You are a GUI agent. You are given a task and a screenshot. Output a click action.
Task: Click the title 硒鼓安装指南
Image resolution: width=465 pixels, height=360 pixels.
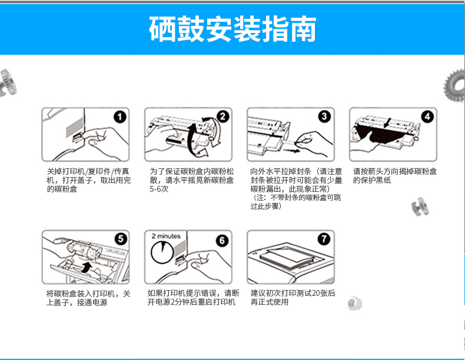pos(232,29)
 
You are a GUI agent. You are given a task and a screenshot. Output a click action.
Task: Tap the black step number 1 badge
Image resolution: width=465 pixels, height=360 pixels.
pos(120,116)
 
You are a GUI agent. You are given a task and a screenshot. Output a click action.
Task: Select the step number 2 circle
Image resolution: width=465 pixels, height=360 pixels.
pos(222,116)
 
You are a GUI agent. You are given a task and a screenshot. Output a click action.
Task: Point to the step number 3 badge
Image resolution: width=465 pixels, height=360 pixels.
pos(324,116)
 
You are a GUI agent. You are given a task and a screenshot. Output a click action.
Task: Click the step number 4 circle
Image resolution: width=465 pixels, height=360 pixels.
pos(427,116)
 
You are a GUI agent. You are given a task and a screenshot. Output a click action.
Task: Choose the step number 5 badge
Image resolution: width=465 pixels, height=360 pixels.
pos(121,239)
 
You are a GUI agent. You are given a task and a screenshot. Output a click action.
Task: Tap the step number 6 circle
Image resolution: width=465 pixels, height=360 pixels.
pos(222,241)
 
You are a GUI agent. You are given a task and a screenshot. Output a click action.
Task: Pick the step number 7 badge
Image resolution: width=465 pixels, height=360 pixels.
pos(324,239)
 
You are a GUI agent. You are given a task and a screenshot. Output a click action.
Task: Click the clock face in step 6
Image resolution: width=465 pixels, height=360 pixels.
pos(162,252)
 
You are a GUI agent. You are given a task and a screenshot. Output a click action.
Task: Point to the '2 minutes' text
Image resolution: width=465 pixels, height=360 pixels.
pos(166,236)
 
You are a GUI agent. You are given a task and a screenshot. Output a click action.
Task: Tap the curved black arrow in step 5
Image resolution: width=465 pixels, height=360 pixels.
pos(87,267)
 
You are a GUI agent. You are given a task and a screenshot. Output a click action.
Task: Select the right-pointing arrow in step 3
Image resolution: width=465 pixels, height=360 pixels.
pos(291,151)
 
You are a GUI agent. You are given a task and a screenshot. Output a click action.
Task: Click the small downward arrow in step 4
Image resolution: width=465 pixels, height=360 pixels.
pos(387,123)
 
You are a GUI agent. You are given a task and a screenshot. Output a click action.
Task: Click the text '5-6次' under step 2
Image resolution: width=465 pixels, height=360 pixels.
pos(159,189)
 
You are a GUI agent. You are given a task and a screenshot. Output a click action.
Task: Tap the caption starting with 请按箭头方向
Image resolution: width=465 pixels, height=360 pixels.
pos(395,176)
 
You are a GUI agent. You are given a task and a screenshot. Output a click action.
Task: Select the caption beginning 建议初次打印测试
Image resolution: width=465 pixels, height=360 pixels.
pos(293,298)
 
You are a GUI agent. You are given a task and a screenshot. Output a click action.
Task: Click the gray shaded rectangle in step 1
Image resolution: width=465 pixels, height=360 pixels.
pos(74,127)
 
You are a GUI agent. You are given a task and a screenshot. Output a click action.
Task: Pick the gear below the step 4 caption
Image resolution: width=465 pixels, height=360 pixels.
pos(420,206)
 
